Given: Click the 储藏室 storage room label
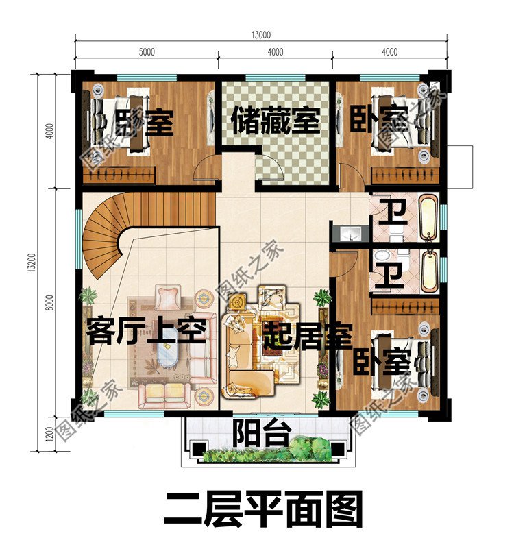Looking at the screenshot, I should (x=275, y=121).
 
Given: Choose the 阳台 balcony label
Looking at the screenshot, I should (x=259, y=433).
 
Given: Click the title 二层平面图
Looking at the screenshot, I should (x=261, y=510).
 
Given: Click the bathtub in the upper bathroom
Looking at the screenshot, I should (x=428, y=217).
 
